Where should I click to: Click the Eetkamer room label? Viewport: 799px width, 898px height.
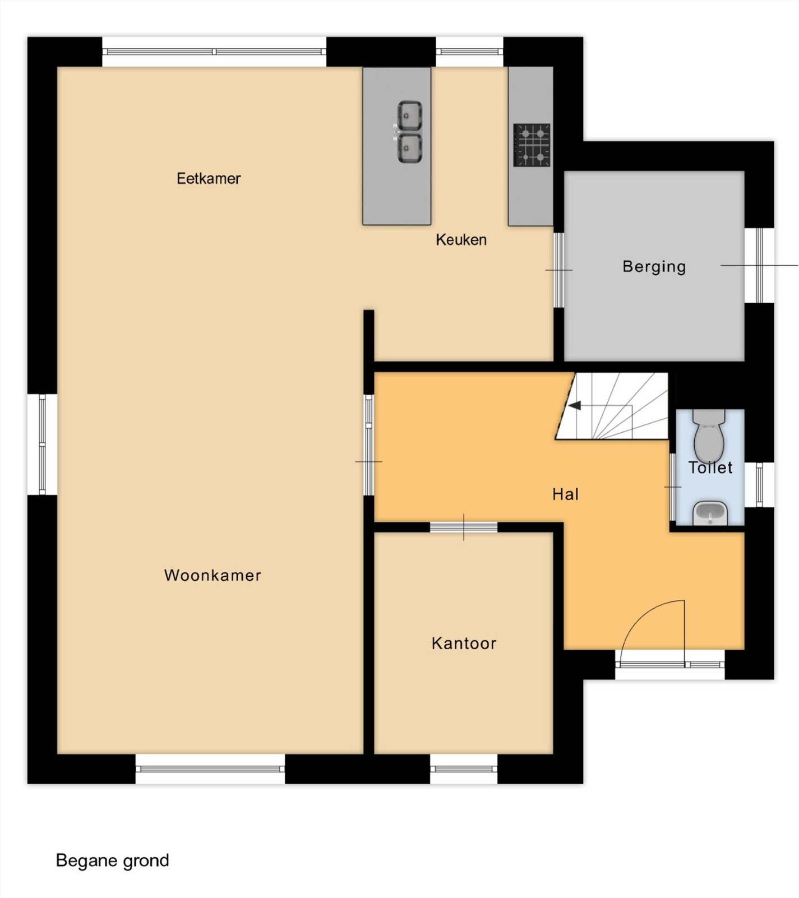click(x=209, y=178)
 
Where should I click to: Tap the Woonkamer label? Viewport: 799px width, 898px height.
click(x=213, y=575)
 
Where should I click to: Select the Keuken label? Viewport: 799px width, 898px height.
click(x=461, y=240)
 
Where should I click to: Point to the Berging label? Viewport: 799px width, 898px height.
click(x=654, y=267)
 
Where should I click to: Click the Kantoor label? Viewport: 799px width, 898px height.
click(x=464, y=643)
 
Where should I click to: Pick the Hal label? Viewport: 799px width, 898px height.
click(x=565, y=494)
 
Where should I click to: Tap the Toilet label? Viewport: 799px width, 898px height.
click(x=710, y=467)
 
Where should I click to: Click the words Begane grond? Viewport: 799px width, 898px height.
click(x=112, y=861)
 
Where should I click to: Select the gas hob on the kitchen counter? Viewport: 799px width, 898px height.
click(x=532, y=145)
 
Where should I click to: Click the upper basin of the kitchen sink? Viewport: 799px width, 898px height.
click(x=410, y=115)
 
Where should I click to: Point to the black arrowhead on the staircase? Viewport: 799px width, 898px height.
click(x=574, y=406)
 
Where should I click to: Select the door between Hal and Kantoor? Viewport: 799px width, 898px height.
click(x=464, y=527)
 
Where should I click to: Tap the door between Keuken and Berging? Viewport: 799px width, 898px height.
click(x=558, y=270)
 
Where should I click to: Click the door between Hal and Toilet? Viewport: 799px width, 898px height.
click(x=673, y=487)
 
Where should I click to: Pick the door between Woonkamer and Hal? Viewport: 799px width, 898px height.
click(x=368, y=445)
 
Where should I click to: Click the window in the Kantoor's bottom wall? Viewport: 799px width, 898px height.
click(x=464, y=769)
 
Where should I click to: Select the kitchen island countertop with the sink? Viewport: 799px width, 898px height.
click(x=397, y=146)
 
